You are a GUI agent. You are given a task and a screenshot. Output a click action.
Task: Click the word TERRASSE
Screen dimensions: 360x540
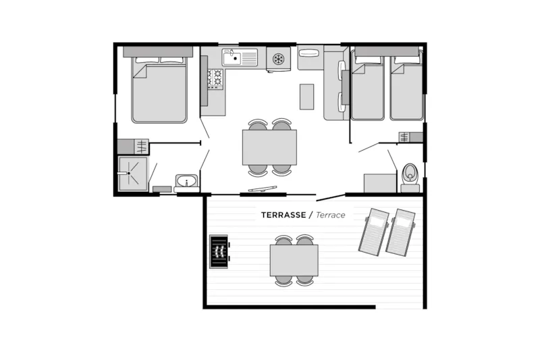click(283, 215)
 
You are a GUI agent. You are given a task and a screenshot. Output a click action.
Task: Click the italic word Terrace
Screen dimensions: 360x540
click(330, 215)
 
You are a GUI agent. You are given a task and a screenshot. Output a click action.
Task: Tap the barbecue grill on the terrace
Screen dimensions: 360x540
click(218, 251)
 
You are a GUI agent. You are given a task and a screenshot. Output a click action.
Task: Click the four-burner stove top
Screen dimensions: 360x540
click(215, 78)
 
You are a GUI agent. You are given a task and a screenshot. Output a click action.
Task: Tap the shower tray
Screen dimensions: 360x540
click(132, 174)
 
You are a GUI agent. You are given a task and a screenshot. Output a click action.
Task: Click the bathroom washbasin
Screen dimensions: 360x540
click(186, 180)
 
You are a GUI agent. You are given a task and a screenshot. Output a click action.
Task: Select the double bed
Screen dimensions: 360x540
click(159, 91)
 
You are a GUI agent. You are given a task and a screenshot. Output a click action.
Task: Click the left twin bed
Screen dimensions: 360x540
click(367, 88)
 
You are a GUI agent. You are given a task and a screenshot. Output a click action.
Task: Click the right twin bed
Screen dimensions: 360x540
click(406, 88)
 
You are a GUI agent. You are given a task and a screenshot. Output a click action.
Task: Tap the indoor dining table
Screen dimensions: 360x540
click(269, 147)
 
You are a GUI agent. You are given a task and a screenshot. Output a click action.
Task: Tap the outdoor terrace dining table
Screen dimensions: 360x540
click(294, 260)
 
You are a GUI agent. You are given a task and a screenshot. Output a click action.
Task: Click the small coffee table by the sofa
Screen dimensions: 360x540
click(307, 96)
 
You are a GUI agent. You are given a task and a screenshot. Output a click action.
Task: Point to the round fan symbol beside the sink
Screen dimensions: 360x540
click(277, 59)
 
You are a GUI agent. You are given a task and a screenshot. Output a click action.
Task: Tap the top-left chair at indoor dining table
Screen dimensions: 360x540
click(258, 125)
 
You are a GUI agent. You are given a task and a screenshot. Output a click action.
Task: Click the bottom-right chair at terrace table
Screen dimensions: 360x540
click(304, 280)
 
